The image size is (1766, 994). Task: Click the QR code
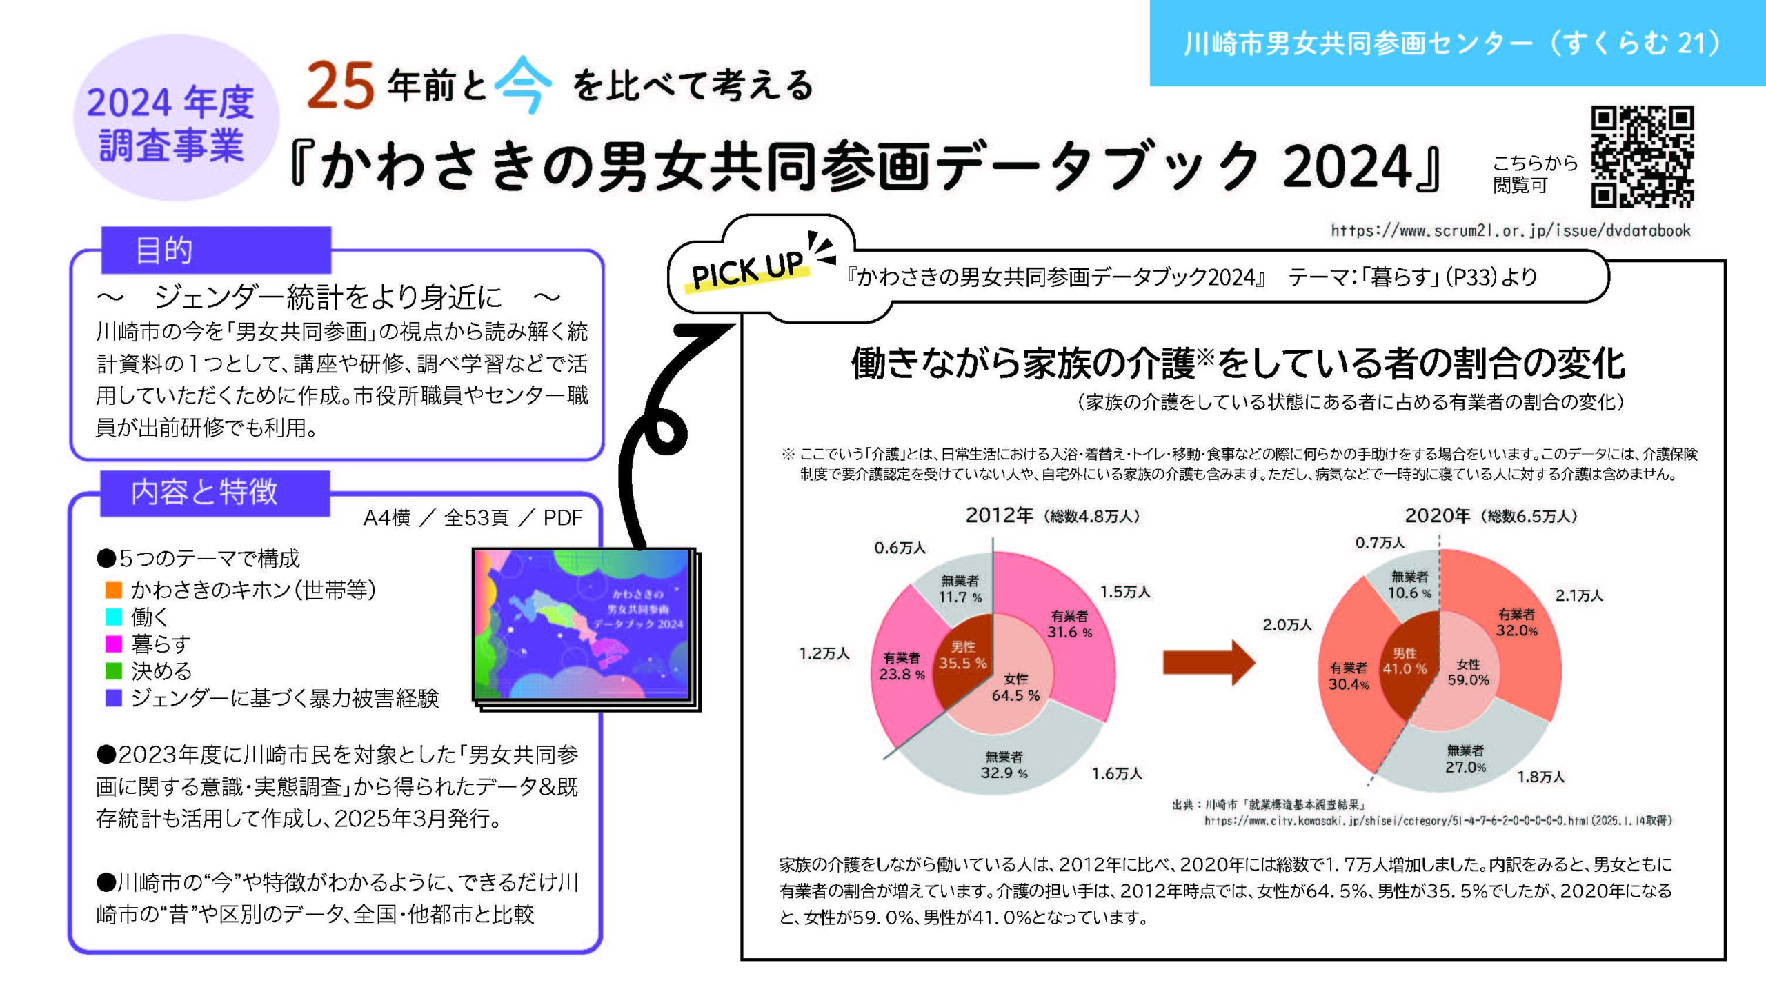(x=1643, y=156)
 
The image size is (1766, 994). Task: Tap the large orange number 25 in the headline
(x=340, y=86)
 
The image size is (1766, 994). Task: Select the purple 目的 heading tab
(x=216, y=250)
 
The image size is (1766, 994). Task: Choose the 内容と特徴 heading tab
(x=215, y=493)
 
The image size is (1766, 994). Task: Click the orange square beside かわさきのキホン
(x=114, y=590)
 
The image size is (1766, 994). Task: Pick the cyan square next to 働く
(x=114, y=617)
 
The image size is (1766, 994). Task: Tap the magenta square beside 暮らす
(x=114, y=644)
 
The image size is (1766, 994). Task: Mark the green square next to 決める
(x=114, y=670)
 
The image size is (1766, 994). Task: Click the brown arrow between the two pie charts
(x=1209, y=663)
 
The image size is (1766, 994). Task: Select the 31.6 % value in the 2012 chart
(x=1069, y=633)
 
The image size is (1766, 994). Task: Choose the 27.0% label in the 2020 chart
(x=1466, y=767)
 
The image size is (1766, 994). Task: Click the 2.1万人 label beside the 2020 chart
(x=1579, y=595)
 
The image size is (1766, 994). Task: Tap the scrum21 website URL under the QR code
(x=1511, y=230)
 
